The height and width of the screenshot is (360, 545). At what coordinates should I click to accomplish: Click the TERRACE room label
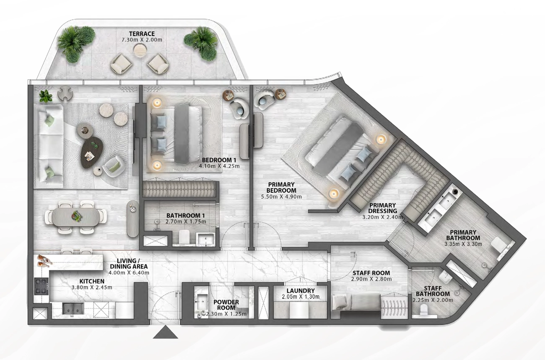(x=142, y=34)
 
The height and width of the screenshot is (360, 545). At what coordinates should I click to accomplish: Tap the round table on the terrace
(x=140, y=50)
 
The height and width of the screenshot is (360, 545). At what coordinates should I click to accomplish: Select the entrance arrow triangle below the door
(x=166, y=332)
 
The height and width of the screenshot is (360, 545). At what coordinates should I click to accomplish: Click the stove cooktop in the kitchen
(x=42, y=286)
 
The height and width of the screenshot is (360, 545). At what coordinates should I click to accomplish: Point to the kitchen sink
(x=73, y=309)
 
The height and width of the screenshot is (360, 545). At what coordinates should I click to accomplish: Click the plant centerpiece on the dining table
(x=76, y=216)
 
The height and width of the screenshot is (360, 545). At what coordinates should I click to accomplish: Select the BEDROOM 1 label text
(x=219, y=160)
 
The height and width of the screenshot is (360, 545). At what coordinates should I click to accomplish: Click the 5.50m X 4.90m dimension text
(x=281, y=196)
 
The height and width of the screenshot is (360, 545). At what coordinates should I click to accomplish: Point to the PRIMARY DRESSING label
(x=383, y=208)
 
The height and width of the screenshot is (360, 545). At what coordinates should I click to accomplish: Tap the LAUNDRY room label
(x=301, y=291)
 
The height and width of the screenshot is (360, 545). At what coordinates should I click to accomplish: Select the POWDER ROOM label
(x=226, y=305)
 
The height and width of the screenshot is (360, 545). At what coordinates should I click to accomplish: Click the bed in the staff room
(x=356, y=303)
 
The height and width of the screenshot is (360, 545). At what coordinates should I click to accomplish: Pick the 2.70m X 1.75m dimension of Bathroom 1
(x=186, y=222)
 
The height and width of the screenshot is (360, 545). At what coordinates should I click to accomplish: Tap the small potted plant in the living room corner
(x=46, y=96)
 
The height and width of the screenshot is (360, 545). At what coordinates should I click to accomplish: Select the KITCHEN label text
(x=92, y=281)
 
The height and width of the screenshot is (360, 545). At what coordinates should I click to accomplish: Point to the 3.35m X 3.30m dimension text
(x=463, y=244)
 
